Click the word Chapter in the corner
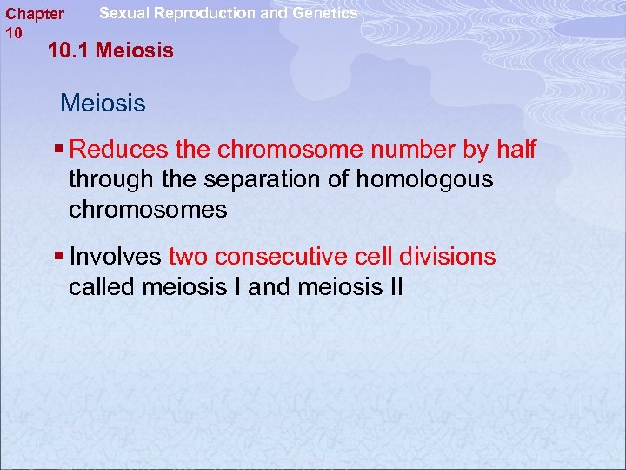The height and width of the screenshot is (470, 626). (34, 14)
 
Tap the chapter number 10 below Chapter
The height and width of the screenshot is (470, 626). (13, 32)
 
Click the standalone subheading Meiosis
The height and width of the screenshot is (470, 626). (103, 104)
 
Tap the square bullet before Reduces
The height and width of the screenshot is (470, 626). (58, 151)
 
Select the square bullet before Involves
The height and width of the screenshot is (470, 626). (58, 258)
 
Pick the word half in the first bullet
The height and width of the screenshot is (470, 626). (516, 151)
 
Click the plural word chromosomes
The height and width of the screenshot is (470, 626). (148, 210)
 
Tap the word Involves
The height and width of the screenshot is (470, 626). (115, 258)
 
